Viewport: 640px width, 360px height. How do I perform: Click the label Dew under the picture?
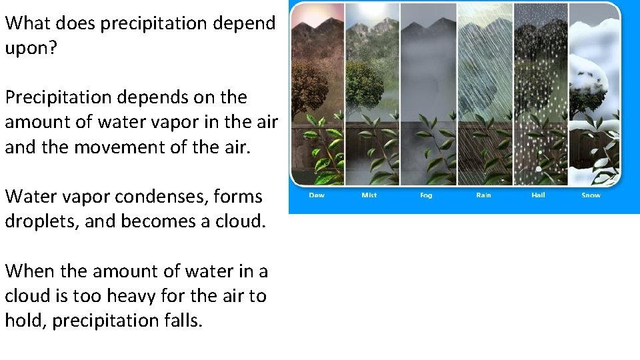[x=317, y=195]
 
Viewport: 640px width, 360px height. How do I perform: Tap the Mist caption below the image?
[x=369, y=195]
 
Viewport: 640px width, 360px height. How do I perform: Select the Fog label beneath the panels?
[x=426, y=195]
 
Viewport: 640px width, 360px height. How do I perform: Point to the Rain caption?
[x=483, y=195]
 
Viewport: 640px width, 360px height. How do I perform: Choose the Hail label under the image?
[x=538, y=195]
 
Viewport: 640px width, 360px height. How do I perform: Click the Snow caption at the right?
[x=591, y=195]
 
